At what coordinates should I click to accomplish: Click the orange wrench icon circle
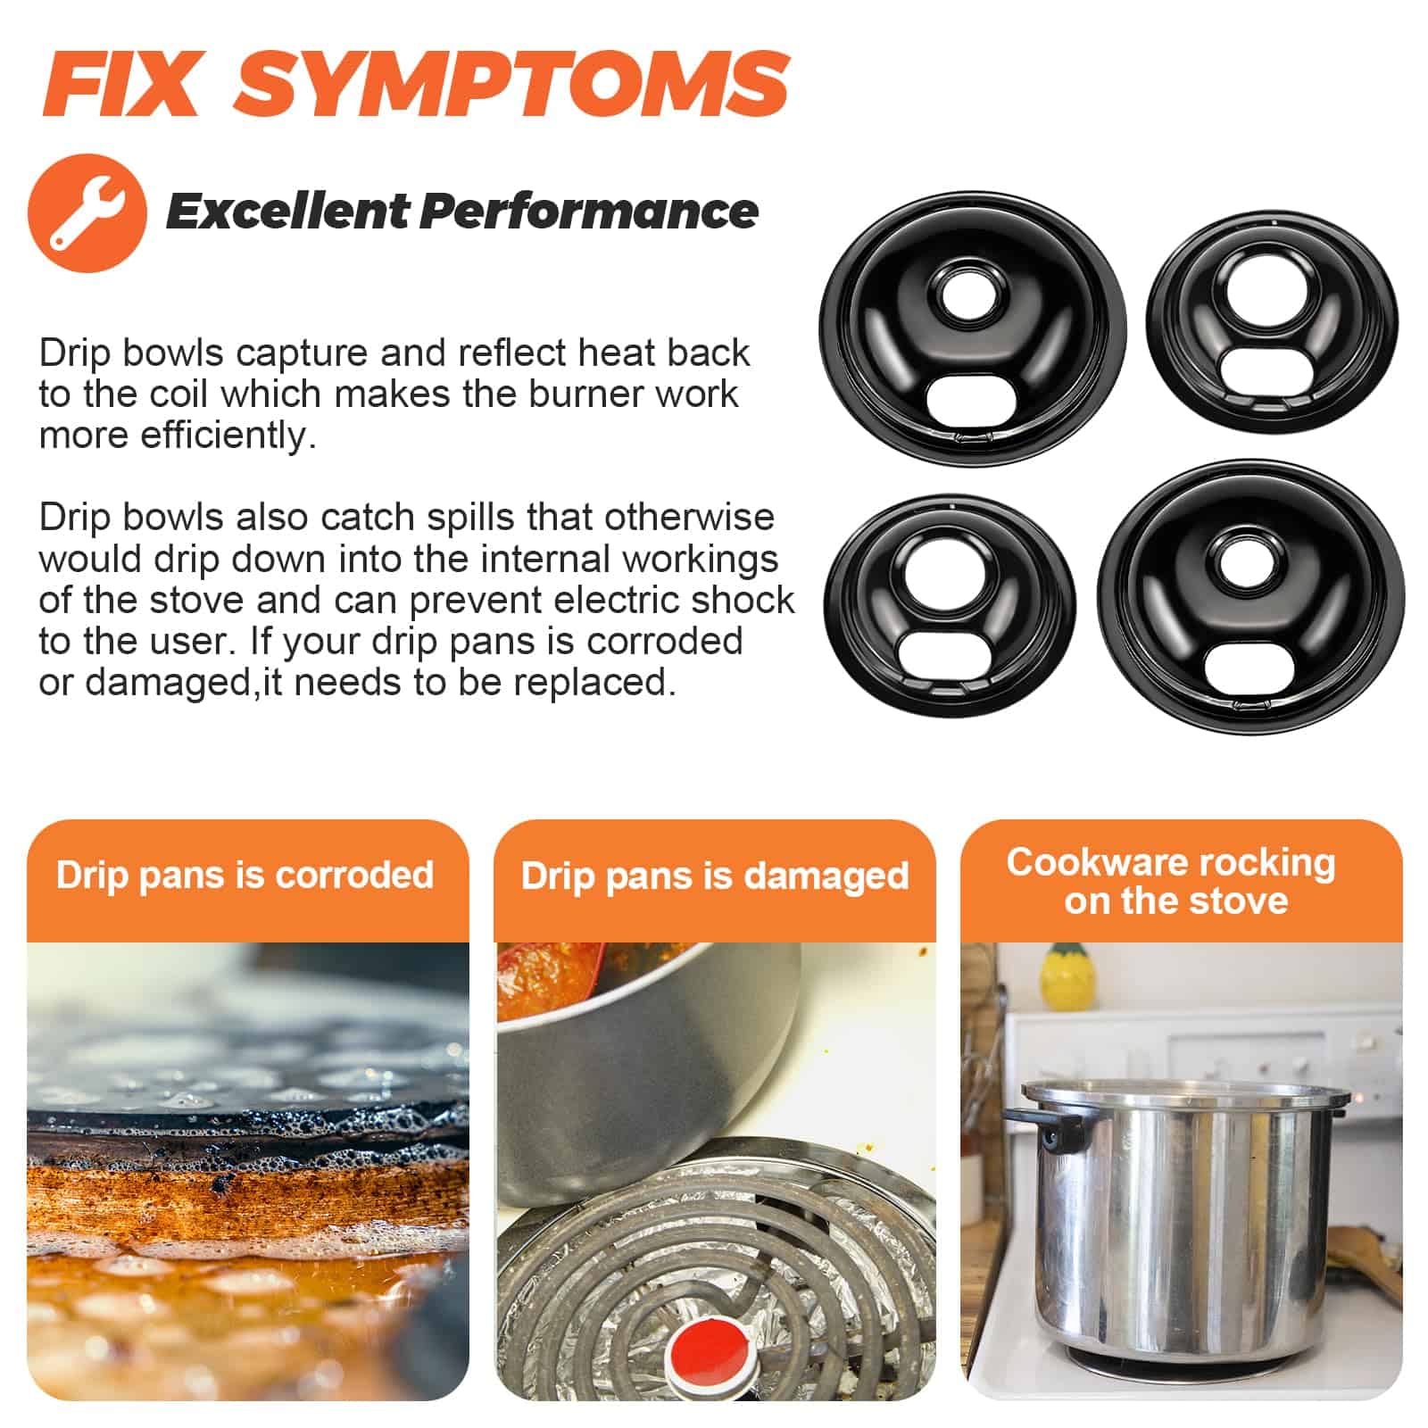87,212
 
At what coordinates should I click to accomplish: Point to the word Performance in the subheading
589,212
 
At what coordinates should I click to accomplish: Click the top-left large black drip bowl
973,328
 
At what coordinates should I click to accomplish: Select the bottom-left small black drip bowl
950,607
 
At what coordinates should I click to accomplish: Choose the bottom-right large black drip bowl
1251,598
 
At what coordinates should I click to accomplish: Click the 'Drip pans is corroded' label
245,875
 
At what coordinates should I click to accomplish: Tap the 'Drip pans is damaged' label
715,876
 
